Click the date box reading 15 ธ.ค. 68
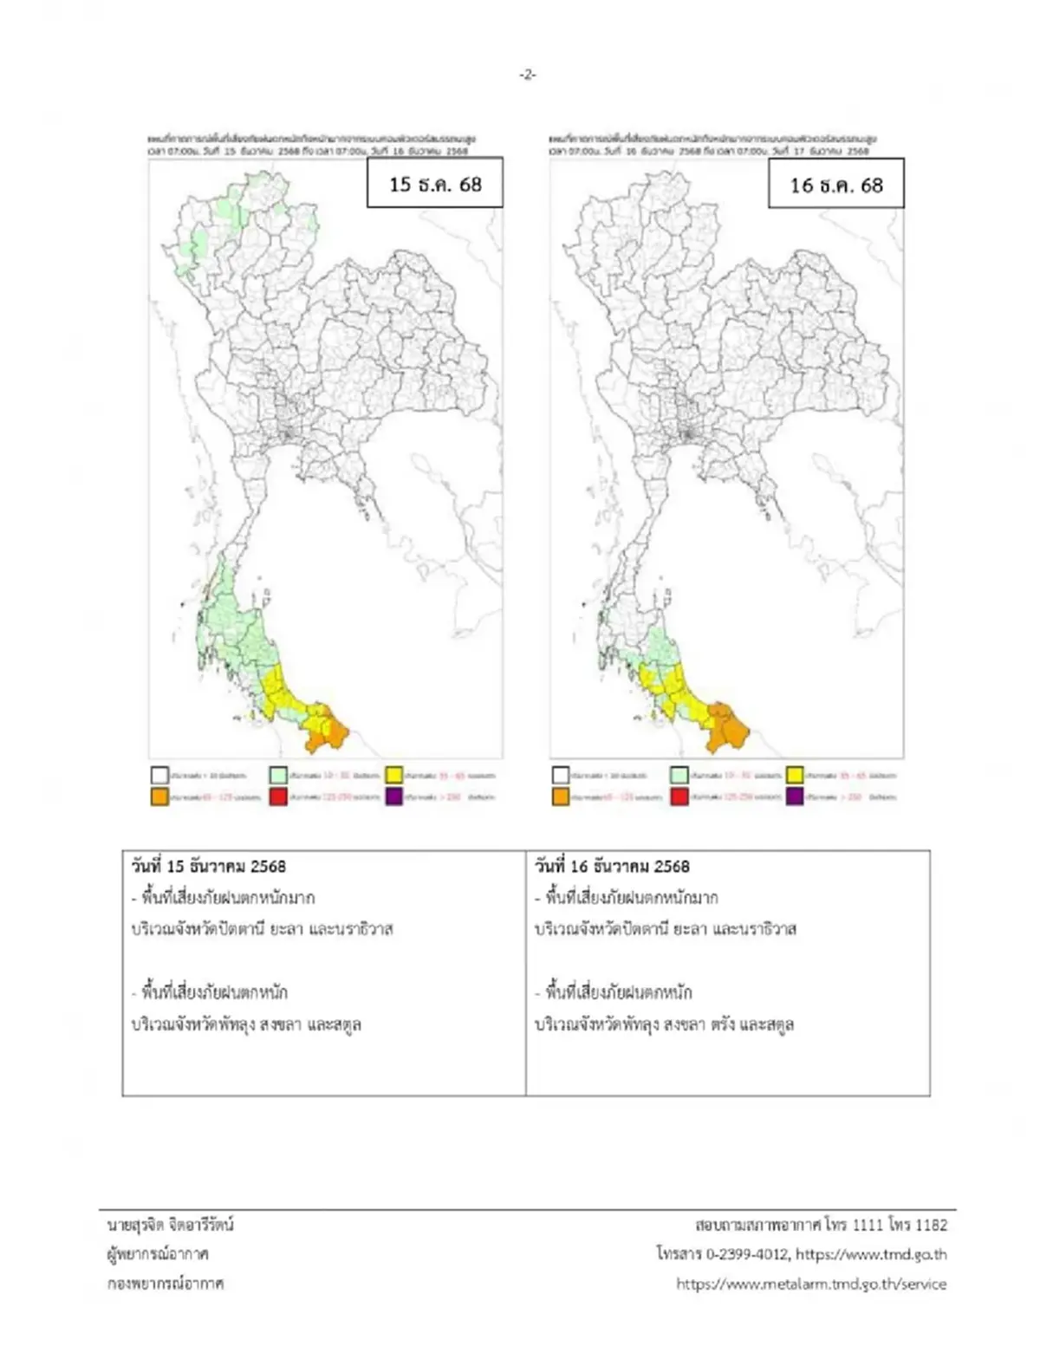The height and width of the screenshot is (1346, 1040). click(x=434, y=183)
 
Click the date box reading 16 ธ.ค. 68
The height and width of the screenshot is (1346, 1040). click(x=835, y=184)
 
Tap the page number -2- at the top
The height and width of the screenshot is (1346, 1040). click(x=527, y=75)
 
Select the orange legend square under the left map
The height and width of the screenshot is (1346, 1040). click(x=159, y=797)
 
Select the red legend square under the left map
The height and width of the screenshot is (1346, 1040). click(x=277, y=797)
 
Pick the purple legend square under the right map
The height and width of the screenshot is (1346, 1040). click(x=796, y=797)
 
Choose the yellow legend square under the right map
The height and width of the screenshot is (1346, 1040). click(x=796, y=775)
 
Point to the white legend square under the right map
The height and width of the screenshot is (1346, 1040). click(x=561, y=775)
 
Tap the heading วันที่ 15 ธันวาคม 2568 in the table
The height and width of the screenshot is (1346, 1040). click(x=208, y=866)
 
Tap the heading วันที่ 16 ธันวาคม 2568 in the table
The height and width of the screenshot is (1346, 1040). click(x=612, y=866)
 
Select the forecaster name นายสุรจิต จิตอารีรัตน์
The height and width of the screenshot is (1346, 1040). click(x=171, y=1225)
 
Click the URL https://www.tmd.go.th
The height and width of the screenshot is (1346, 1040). click(x=871, y=1254)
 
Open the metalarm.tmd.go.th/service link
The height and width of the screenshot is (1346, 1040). click(x=811, y=1284)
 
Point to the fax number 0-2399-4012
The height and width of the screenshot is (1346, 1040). click(x=746, y=1254)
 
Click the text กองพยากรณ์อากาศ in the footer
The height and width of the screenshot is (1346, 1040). click(x=166, y=1284)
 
